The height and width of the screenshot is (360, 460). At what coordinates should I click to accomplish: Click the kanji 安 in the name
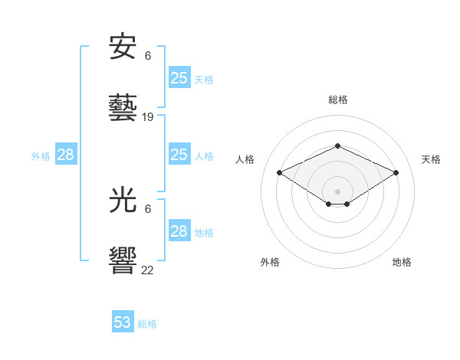123,48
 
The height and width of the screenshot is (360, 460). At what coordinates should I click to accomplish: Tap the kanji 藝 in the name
123,108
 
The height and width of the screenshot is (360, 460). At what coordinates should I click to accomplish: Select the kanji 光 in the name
123,201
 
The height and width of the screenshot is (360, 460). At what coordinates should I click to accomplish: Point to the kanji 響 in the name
123,260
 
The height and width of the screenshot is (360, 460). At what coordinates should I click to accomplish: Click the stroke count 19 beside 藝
148,117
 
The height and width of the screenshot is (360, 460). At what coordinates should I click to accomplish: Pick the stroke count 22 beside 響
148,270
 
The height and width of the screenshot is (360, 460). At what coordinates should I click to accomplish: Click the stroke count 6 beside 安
148,56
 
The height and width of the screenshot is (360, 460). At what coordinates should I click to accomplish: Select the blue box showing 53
123,322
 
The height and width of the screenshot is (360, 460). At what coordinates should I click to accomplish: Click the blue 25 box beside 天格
179,78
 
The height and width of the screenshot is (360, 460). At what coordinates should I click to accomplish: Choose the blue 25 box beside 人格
179,155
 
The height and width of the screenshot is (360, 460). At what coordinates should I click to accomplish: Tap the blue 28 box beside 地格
179,231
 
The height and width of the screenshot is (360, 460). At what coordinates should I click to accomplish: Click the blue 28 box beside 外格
66,155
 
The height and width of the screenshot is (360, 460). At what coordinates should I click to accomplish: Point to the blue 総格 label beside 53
147,324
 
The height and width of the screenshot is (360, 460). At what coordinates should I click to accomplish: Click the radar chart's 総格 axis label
337,100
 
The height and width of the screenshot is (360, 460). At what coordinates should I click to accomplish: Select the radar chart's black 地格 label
402,263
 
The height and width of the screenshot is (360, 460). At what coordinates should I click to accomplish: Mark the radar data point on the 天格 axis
396,172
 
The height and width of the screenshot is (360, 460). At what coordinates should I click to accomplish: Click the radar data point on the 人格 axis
279,172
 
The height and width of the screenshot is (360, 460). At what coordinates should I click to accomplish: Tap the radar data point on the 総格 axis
337,146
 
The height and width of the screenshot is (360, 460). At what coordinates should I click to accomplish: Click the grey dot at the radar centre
337,191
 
